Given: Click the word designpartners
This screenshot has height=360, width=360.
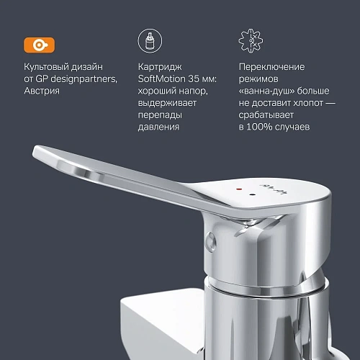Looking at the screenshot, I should click(82, 79).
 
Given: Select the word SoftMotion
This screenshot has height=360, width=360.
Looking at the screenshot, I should click(161, 79).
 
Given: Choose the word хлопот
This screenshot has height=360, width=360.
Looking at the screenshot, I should click(304, 103).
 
